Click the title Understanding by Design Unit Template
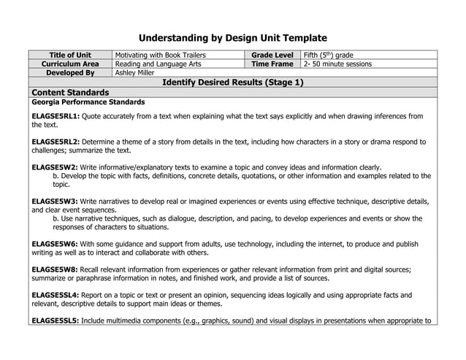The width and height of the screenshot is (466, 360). (x=233, y=38)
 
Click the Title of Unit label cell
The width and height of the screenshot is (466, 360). (x=70, y=55)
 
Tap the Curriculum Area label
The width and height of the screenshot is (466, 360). (x=70, y=64)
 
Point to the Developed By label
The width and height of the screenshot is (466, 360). (x=70, y=73)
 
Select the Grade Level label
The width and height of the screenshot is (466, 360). (x=272, y=55)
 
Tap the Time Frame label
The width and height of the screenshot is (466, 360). (x=272, y=64)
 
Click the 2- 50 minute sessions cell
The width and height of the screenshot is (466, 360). (x=337, y=64)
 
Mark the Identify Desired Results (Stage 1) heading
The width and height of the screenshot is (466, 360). (x=233, y=83)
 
